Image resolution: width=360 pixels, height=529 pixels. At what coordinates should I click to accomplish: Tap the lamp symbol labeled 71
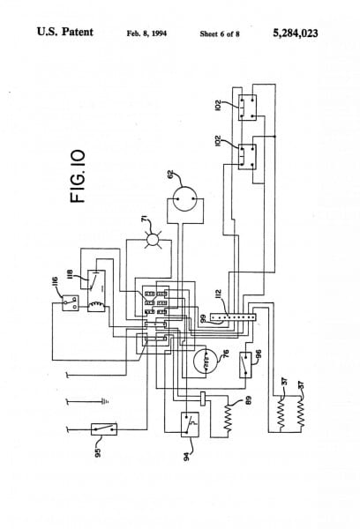(152, 239)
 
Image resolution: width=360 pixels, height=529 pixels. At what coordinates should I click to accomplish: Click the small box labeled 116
(71, 304)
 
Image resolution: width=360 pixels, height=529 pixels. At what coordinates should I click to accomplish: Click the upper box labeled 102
(246, 108)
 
